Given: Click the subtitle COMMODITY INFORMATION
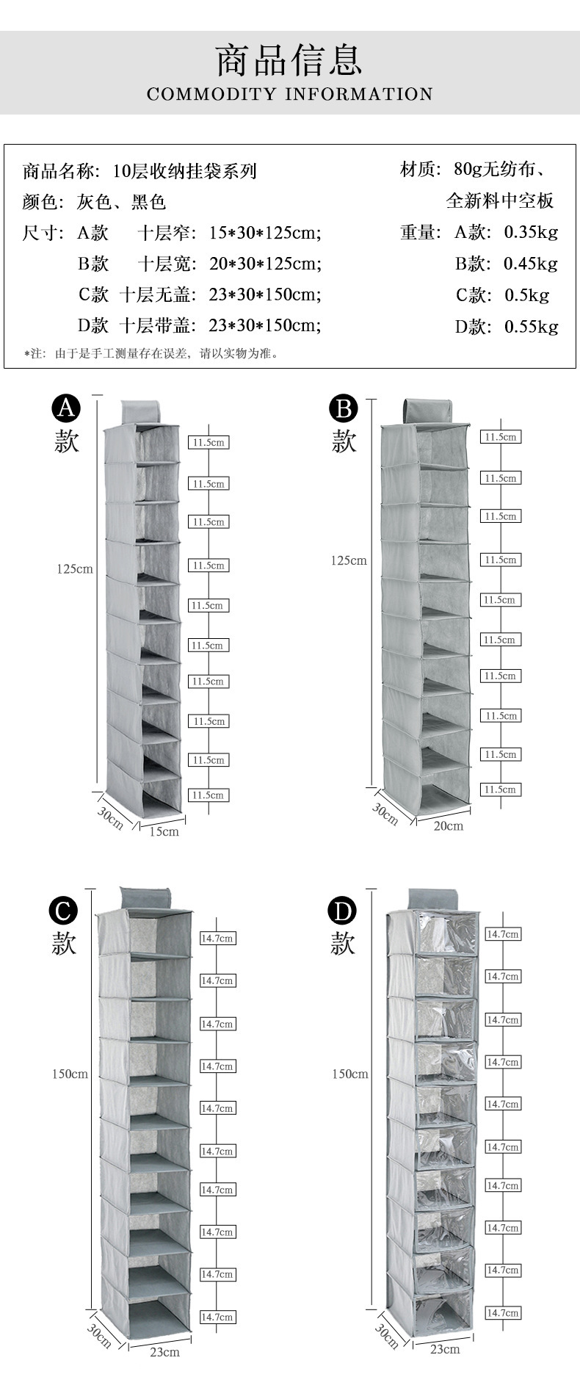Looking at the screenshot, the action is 289,94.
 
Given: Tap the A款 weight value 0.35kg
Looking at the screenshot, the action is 531,233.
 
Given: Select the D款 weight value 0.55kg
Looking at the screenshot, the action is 531,327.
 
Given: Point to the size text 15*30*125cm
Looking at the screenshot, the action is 265,234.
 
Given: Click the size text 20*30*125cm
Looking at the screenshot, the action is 265,264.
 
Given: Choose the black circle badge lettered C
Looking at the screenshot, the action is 63,911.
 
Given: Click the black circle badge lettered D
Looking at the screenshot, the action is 341,911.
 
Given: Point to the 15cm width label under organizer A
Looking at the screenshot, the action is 164,831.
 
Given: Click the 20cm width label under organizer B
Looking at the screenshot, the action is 449,825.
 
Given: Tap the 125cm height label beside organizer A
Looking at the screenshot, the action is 75,568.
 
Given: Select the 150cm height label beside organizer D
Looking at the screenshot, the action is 349,1074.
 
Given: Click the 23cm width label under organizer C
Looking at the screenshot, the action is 164,1351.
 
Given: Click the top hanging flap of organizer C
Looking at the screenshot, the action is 145,897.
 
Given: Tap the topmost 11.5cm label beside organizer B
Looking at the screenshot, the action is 500,437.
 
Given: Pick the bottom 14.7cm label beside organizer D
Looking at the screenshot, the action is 503,1312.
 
